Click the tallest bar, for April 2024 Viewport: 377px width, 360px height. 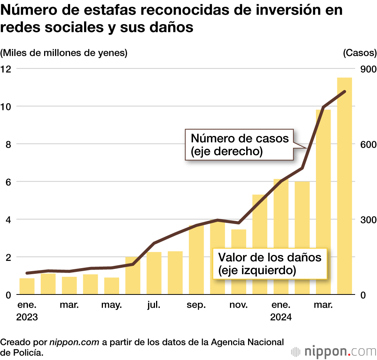pos(344,186)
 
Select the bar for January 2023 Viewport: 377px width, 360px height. pos(27,287)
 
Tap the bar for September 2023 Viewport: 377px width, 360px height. pos(196,260)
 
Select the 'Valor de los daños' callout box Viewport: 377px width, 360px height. pos(270,264)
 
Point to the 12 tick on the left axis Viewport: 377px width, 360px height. pos(6,69)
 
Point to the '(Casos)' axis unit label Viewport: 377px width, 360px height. pos(360,53)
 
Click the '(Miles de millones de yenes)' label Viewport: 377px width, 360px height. pos(64,53)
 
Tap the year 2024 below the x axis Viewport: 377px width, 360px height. pos(280,317)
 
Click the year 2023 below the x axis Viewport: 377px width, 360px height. pos(27,317)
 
